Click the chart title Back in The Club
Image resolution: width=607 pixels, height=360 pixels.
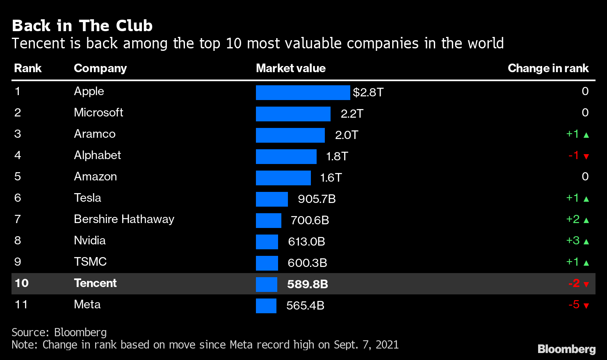(x=82, y=26)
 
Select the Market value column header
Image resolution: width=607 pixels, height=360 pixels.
(x=290, y=68)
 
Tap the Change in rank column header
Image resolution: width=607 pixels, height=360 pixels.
(x=548, y=68)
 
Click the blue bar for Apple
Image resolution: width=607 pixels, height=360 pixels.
(x=303, y=93)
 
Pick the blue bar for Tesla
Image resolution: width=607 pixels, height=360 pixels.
(x=272, y=199)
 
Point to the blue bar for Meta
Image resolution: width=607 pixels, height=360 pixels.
(x=266, y=306)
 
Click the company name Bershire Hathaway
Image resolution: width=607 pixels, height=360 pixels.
(x=124, y=219)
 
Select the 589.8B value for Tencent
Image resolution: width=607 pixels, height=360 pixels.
(x=307, y=284)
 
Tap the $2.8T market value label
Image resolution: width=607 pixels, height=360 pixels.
(x=368, y=93)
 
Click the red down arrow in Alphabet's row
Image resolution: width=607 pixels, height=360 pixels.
(x=586, y=156)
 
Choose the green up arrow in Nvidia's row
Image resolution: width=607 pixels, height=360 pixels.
(x=586, y=242)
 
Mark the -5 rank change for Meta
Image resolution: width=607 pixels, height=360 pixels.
(x=574, y=305)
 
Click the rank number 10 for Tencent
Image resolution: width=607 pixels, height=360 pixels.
(x=21, y=283)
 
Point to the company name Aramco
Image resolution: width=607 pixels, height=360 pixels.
(x=94, y=134)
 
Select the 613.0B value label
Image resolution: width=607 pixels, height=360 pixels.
(x=306, y=242)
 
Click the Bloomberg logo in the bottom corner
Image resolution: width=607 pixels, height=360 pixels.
(x=566, y=349)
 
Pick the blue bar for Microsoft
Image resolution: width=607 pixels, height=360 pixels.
(x=293, y=114)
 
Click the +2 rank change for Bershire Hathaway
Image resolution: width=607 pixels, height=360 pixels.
(x=573, y=219)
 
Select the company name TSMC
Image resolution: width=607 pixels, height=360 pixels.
(x=90, y=262)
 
